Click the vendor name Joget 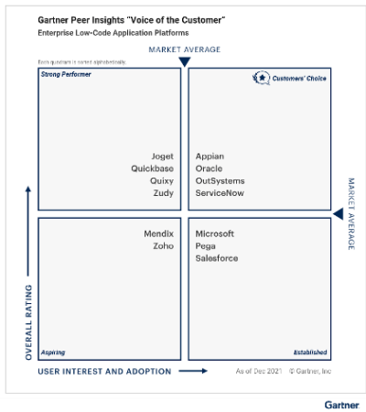tap(162, 157)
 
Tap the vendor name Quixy tap(162, 180)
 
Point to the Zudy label tap(163, 193)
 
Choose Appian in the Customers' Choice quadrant tap(210, 157)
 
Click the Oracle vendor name tap(209, 168)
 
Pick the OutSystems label tap(221, 180)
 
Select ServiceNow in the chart tap(220, 193)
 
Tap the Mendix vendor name tap(158, 233)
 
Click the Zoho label tap(163, 246)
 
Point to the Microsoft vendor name tap(215, 233)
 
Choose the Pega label tap(206, 246)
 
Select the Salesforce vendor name tap(217, 258)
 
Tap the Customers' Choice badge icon tap(261, 79)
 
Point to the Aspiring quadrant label tap(52, 352)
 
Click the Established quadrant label tap(309, 352)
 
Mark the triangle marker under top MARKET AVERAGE tap(184, 62)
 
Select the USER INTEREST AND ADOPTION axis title tap(104, 371)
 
